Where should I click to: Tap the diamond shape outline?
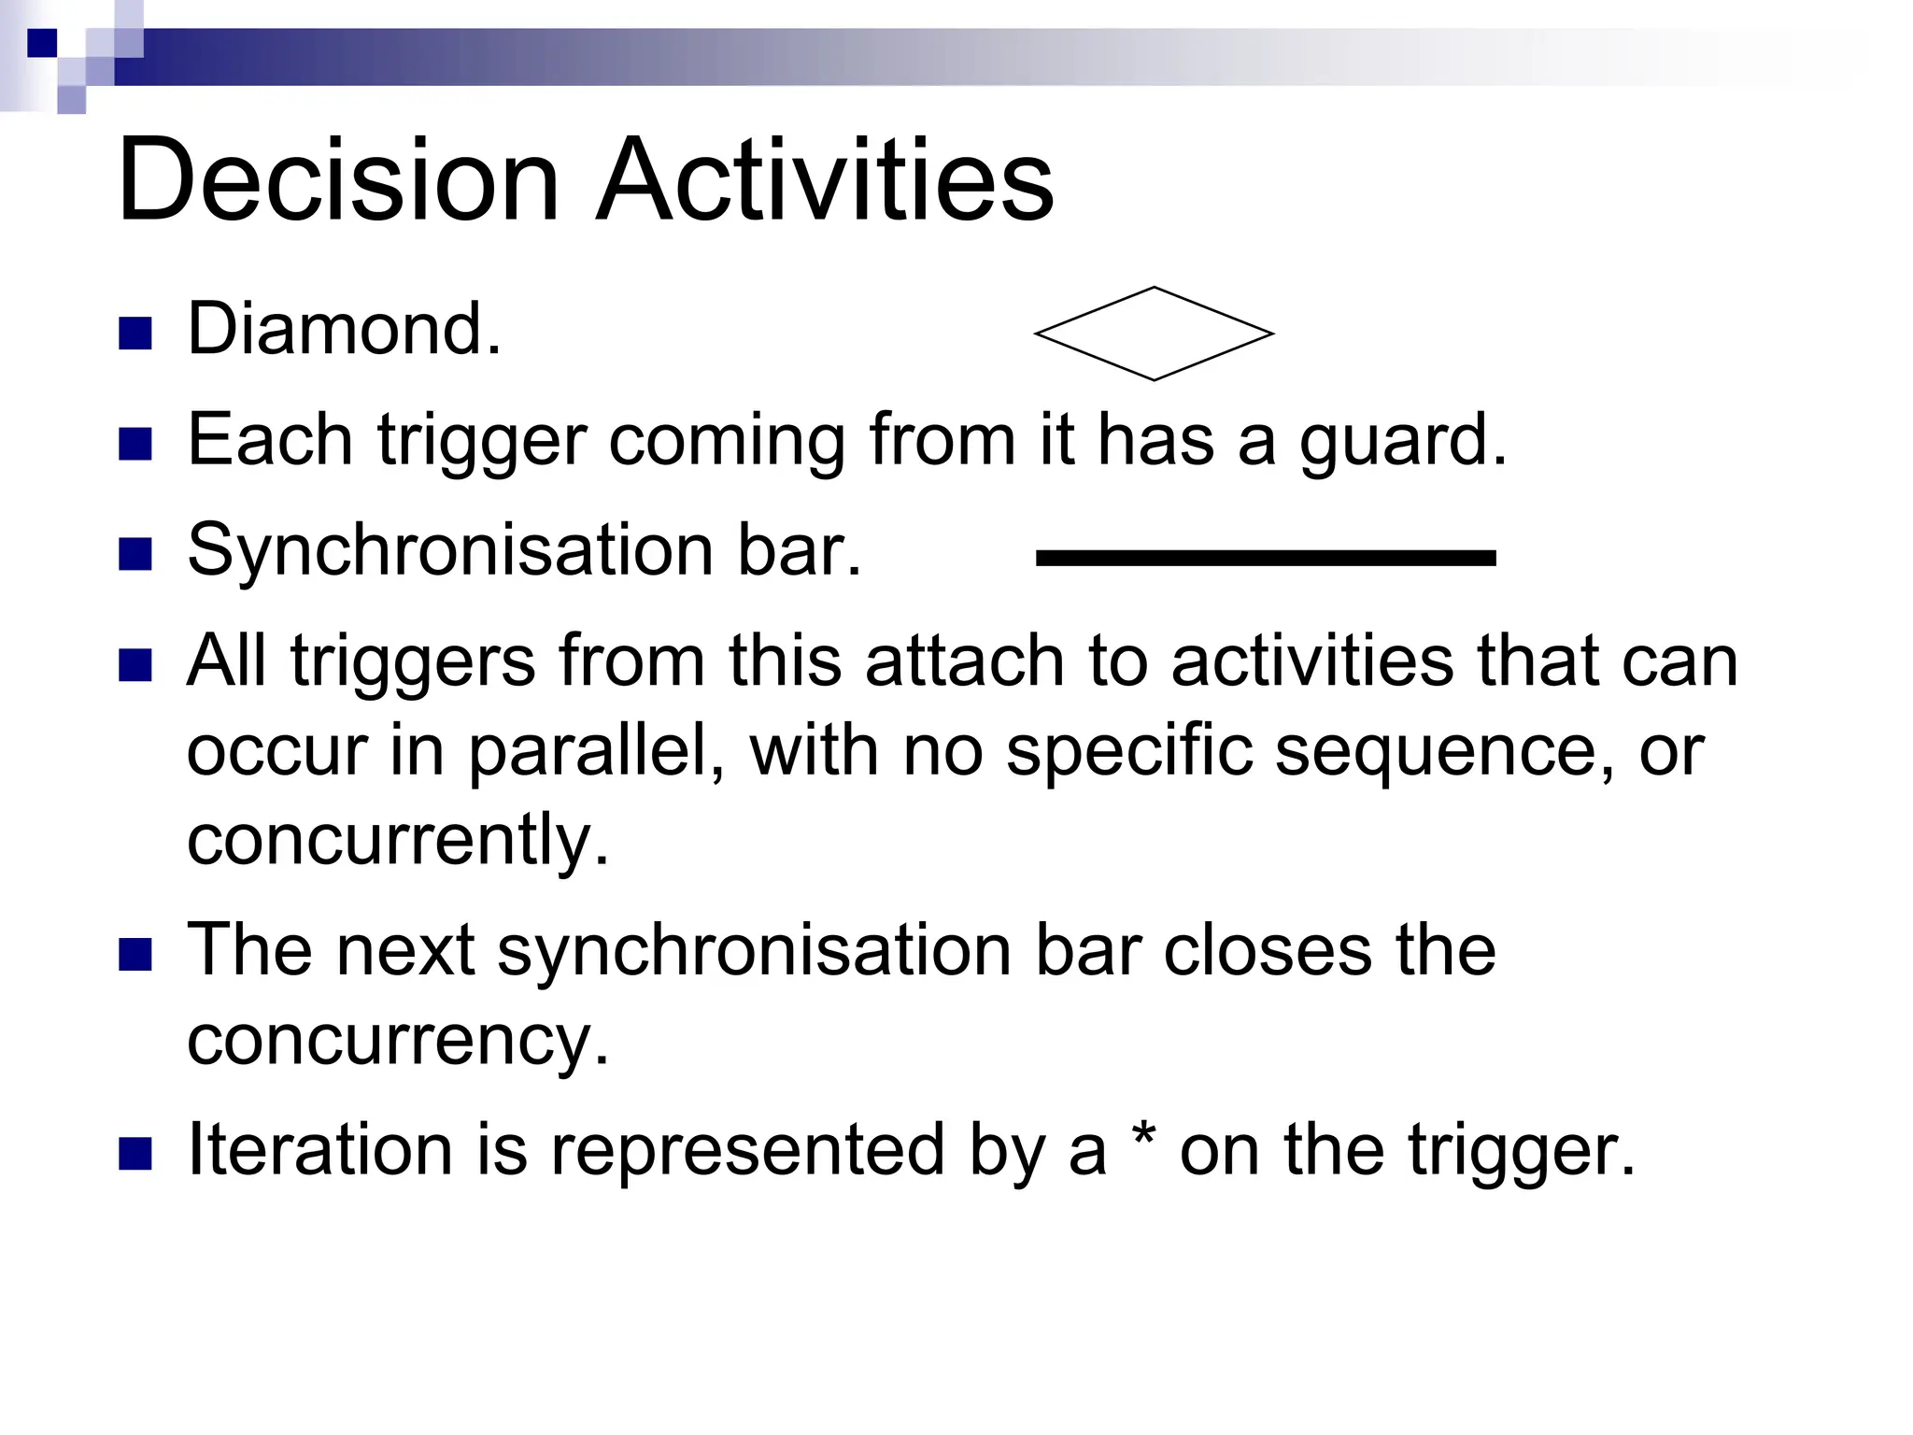[x=1154, y=334]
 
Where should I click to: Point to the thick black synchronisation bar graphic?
[x=1266, y=558]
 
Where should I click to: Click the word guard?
[x=1401, y=440]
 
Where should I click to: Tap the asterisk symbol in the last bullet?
[x=1142, y=1139]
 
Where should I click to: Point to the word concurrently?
[x=398, y=839]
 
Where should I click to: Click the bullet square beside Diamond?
[x=135, y=334]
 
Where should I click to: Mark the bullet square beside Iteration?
[x=135, y=1154]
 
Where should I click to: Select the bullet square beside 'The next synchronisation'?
[x=135, y=955]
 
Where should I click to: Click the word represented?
[x=747, y=1151]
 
